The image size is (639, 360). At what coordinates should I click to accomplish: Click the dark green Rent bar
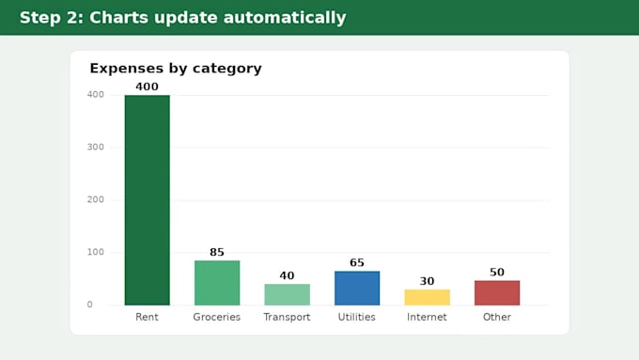[148, 200]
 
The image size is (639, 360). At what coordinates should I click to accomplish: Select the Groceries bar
[217, 283]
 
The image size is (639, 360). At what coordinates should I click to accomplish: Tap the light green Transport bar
[288, 294]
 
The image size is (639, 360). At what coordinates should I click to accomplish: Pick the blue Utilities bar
[357, 288]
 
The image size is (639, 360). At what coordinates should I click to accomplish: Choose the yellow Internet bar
[427, 297]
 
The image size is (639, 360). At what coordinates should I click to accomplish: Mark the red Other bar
[497, 292]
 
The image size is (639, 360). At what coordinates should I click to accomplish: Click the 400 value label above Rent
[148, 86]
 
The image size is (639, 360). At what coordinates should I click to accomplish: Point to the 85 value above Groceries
[217, 252]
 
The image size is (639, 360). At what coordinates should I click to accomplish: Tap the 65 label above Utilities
[357, 262]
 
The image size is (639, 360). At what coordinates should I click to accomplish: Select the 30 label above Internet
[427, 281]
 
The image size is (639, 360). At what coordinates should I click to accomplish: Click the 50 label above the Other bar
[497, 272]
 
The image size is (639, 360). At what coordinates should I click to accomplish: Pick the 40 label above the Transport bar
[288, 275]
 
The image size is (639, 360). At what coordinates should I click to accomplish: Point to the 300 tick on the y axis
[95, 148]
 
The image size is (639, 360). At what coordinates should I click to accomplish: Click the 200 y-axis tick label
[95, 200]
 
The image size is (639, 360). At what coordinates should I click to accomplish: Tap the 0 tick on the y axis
[89, 305]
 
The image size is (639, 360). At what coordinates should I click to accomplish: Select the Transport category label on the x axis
[287, 317]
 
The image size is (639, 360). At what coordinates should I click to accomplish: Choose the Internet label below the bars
[427, 317]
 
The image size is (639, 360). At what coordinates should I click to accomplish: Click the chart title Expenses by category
[176, 69]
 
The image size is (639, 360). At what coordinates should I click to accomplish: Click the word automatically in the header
[285, 18]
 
